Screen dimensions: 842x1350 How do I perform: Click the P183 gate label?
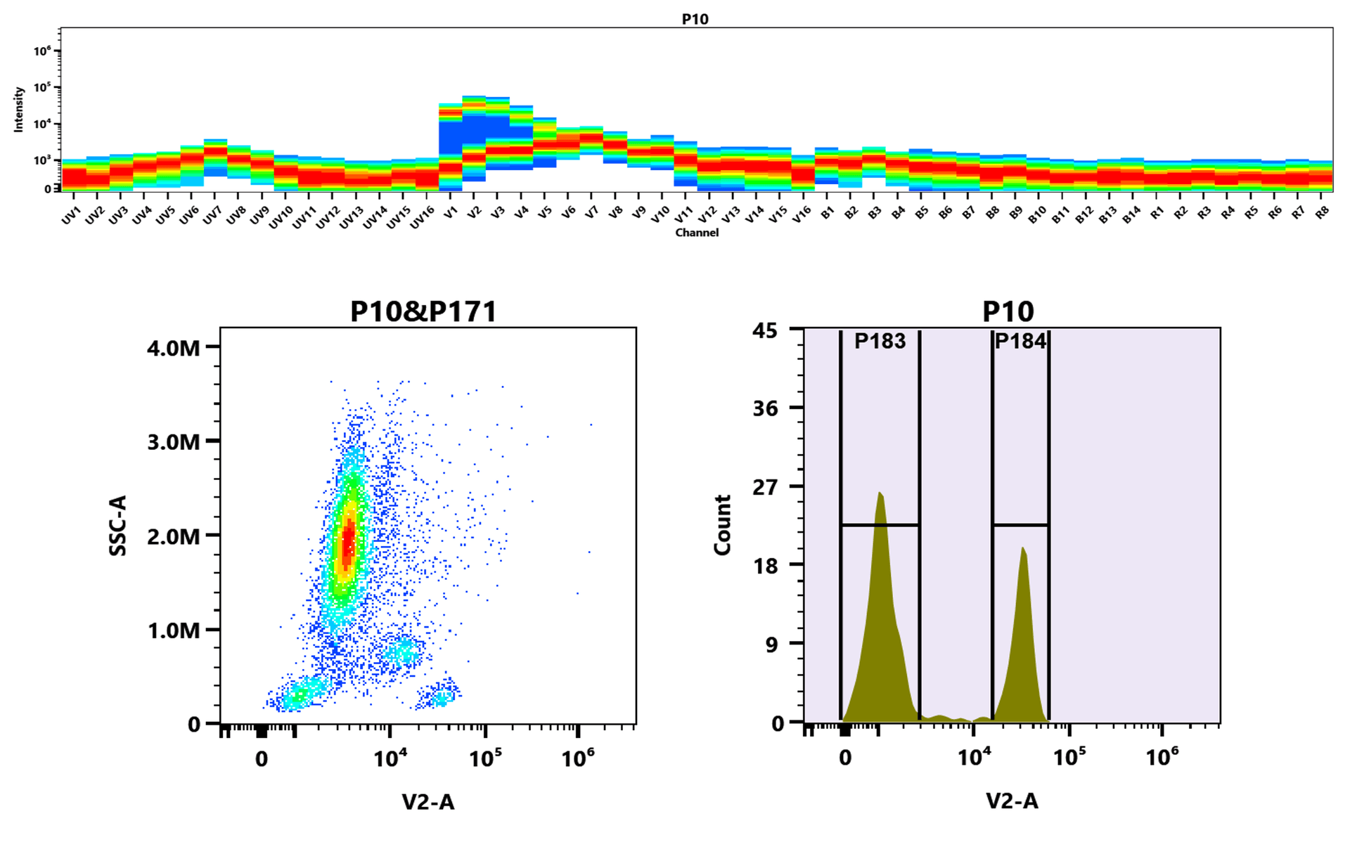tap(880, 342)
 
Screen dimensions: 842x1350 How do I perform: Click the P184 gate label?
tap(1020, 342)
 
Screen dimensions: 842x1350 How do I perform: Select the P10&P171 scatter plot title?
tap(423, 311)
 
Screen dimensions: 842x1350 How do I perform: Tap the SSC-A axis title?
tap(118, 526)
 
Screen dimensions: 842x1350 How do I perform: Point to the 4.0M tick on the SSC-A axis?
tap(174, 348)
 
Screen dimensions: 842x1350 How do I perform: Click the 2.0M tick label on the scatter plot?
tap(174, 536)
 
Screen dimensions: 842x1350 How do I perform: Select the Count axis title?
tap(723, 525)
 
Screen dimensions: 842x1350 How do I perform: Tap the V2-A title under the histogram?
tap(1011, 801)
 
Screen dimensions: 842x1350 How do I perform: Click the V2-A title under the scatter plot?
tap(427, 802)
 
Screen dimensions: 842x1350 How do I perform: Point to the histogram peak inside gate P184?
tap(1023, 549)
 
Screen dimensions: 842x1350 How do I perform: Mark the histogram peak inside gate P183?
tap(880, 494)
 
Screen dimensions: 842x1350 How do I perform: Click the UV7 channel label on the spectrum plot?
tap(212, 215)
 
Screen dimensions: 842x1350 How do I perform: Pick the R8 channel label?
tap(1322, 212)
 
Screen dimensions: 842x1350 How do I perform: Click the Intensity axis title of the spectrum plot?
tap(19, 109)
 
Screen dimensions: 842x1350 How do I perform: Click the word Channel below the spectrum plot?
tap(697, 233)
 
